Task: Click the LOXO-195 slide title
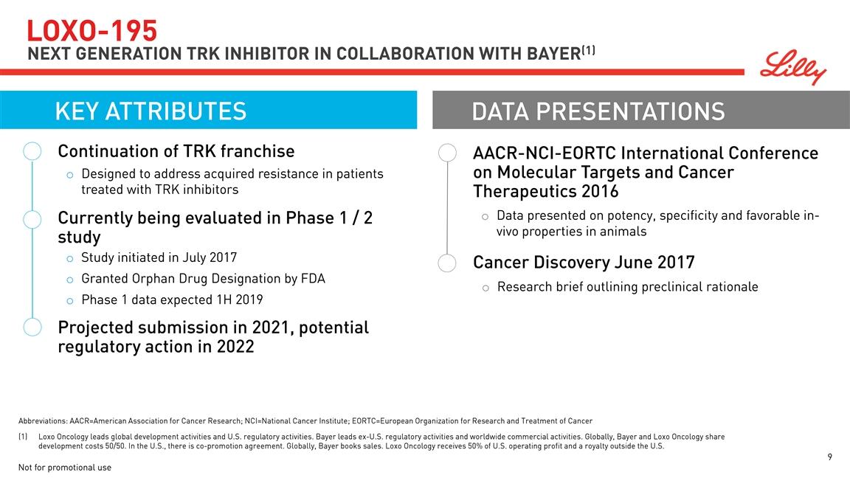(x=92, y=30)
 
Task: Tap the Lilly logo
(x=793, y=68)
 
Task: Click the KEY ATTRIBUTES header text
(x=151, y=111)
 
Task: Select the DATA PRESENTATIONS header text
(x=598, y=111)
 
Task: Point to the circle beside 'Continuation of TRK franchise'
(x=32, y=151)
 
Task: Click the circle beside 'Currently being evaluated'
(x=32, y=220)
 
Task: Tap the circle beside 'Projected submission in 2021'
(x=32, y=328)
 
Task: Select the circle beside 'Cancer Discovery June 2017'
(x=447, y=263)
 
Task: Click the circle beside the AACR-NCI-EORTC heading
(x=447, y=153)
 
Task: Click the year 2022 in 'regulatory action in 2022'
(x=235, y=347)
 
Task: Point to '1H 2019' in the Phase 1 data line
(x=240, y=299)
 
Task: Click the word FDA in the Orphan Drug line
(x=313, y=279)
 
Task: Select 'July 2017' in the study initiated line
(x=209, y=258)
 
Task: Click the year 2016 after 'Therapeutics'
(x=600, y=191)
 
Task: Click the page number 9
(x=830, y=457)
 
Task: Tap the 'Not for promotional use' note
(x=64, y=467)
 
